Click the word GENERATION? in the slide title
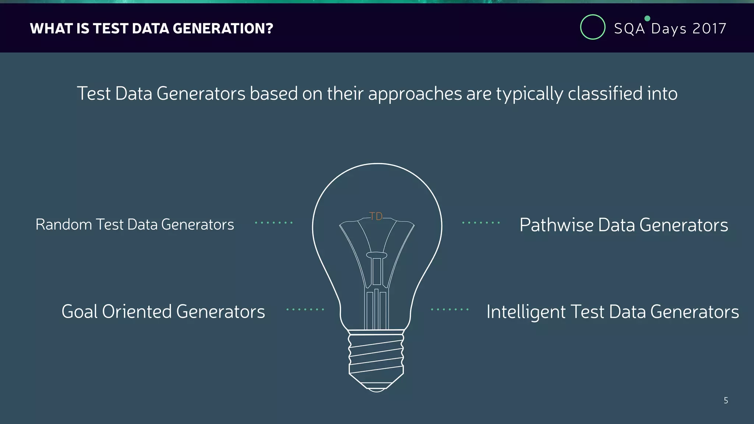coord(223,29)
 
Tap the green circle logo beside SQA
coord(592,27)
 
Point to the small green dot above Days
coord(647,18)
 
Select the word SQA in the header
coord(629,29)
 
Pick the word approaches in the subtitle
coord(415,94)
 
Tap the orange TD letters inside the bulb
coord(376,216)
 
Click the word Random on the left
coord(63,225)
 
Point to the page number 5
coord(726,400)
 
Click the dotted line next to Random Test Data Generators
coord(274,223)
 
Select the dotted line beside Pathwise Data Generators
coord(481,223)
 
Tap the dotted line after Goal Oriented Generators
coord(305,310)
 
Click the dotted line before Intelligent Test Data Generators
coord(450,310)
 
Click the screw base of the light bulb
coord(376,355)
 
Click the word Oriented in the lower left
coord(137,312)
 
